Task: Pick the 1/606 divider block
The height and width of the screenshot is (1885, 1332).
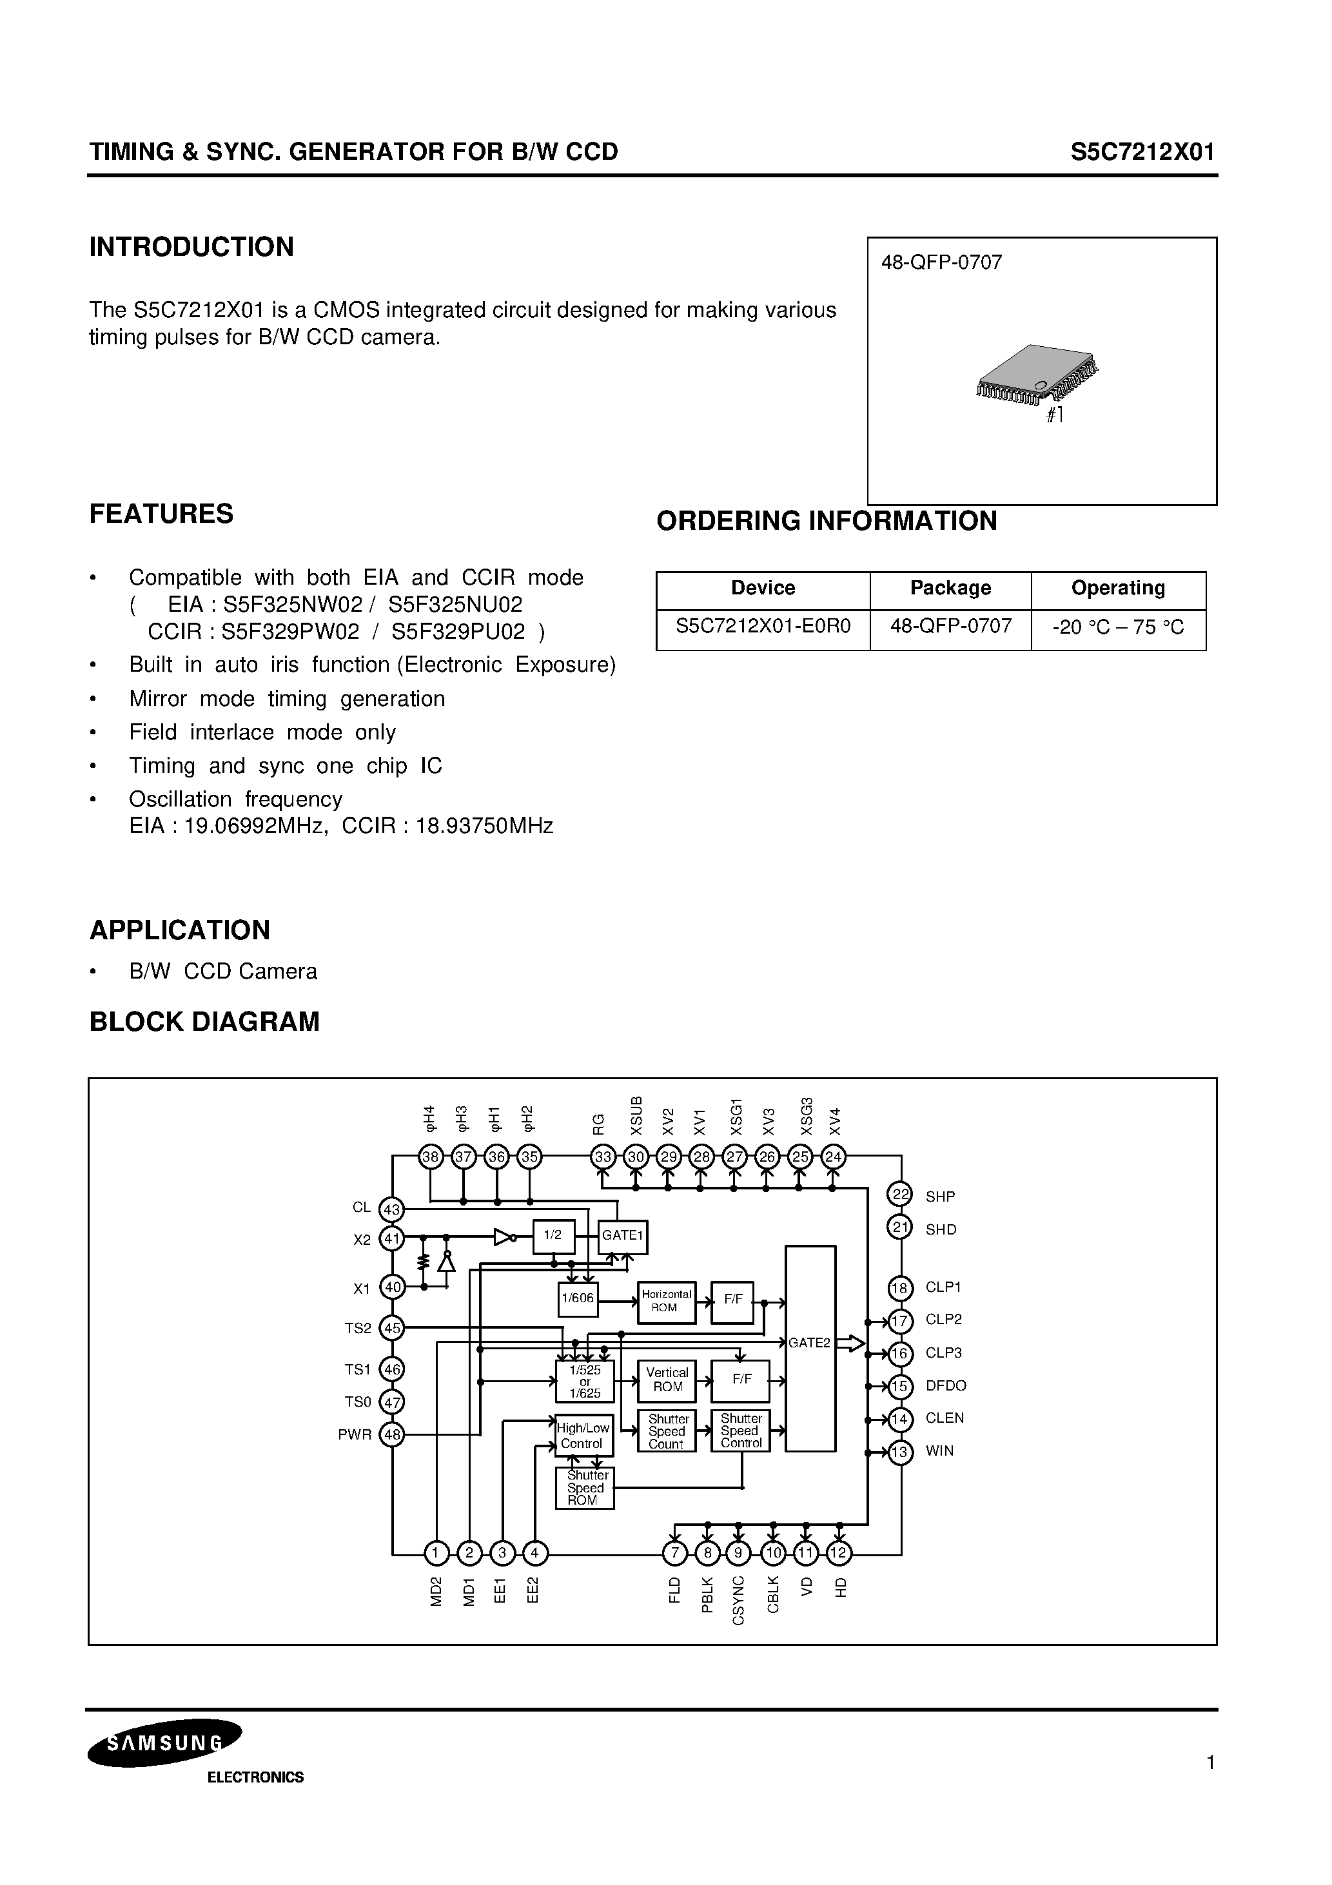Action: pos(577,1299)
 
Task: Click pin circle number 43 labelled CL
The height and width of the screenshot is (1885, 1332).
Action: pos(392,1209)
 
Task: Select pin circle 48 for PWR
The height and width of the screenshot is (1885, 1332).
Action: pos(392,1435)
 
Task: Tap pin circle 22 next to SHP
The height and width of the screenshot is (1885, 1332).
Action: pos(900,1195)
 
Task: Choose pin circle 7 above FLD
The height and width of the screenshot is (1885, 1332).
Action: pos(674,1552)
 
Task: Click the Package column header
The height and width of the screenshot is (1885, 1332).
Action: pos(950,588)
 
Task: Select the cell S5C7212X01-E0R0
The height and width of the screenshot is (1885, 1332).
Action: pos(763,627)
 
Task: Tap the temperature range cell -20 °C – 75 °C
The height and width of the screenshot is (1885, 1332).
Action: pos(1118,628)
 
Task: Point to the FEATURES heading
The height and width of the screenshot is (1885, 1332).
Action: pos(161,514)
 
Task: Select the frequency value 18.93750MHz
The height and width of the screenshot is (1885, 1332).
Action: pos(485,826)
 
